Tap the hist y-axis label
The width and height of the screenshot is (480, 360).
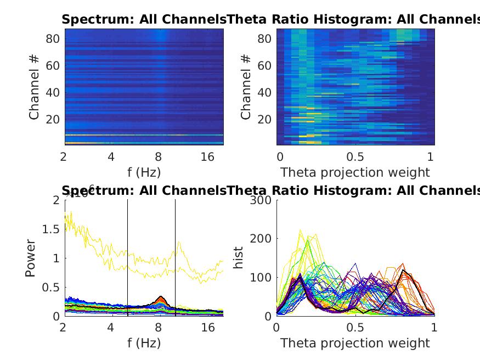coord(239,258)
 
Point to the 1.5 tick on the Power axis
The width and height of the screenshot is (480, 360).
coord(52,229)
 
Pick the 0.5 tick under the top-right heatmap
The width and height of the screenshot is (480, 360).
coord(355,156)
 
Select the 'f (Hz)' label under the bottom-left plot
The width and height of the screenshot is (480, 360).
coord(144,343)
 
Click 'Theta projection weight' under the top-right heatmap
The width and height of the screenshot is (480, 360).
coord(355,172)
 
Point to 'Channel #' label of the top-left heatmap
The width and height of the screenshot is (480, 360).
coord(34,86)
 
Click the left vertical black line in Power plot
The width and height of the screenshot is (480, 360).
coord(128,258)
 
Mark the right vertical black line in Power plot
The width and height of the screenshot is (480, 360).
coord(176,258)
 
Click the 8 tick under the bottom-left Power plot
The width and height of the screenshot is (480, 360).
coord(160,328)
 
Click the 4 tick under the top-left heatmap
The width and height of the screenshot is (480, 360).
coord(111,156)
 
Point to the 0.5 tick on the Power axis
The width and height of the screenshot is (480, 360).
coord(52,287)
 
